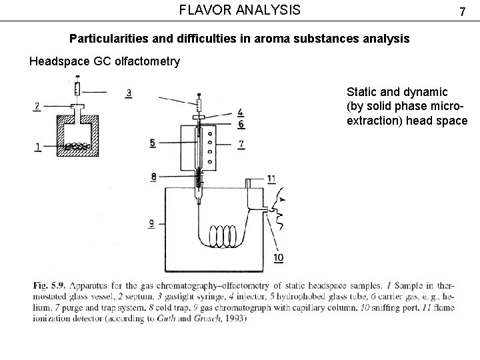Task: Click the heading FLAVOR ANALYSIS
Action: (240, 10)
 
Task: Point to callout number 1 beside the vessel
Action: (38, 147)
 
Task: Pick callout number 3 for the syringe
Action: (128, 93)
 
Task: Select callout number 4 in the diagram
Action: (241, 112)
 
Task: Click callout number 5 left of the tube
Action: (153, 142)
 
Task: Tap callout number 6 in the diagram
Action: (241, 124)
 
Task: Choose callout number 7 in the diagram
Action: (241, 143)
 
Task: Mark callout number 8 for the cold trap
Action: (154, 177)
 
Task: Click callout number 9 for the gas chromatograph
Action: (152, 224)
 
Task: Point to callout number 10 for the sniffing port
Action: (279, 257)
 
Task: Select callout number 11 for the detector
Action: (271, 178)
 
